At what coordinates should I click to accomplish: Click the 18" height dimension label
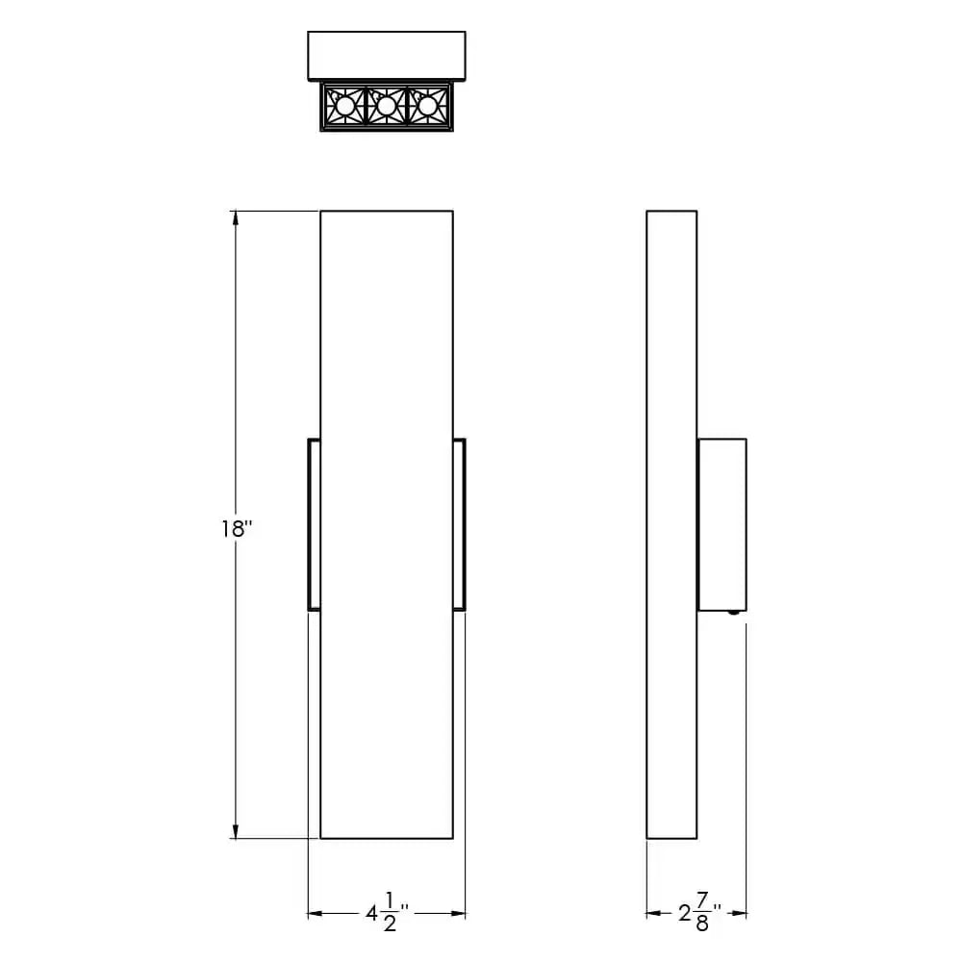(236, 528)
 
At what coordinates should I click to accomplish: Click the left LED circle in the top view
(343, 106)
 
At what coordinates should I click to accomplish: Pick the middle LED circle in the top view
(386, 106)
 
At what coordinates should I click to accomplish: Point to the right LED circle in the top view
(427, 106)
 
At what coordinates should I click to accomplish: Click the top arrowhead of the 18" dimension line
(236, 218)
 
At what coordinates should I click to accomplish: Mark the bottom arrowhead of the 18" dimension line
(236, 830)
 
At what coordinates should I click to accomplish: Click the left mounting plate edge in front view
(314, 524)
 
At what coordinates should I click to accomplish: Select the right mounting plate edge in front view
(459, 524)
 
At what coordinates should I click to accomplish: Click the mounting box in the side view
(721, 524)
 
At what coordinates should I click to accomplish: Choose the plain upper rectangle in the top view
(386, 56)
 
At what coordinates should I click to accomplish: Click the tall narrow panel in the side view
(671, 524)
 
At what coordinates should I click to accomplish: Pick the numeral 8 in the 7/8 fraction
(702, 923)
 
